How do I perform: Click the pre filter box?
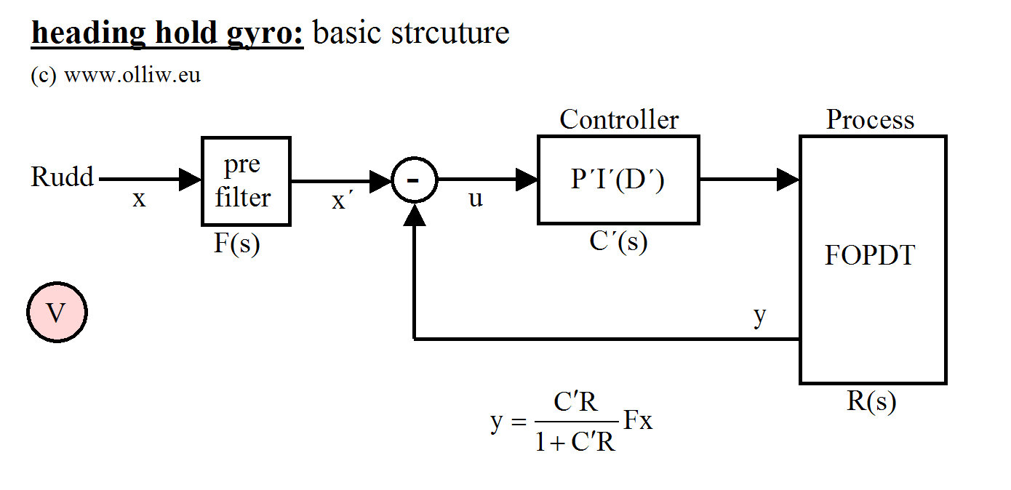pos(246,180)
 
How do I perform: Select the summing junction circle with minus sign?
pos(414,180)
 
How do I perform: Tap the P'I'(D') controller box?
pos(618,180)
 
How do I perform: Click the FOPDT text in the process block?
pos(870,256)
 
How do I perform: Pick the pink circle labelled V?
pos(57,313)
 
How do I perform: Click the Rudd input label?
pos(63,177)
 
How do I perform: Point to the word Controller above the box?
pos(619,120)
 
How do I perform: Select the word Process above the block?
pos(870,120)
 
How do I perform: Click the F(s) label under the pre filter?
pos(237,244)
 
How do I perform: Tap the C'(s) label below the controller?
pos(618,242)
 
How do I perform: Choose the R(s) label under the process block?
pos(871,401)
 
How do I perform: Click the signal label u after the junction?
pos(476,198)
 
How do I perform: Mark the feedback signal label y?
pos(760,316)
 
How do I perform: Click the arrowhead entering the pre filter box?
pos(191,179)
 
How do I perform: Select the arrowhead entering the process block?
pos(788,179)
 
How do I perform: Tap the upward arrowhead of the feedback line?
pos(414,212)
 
